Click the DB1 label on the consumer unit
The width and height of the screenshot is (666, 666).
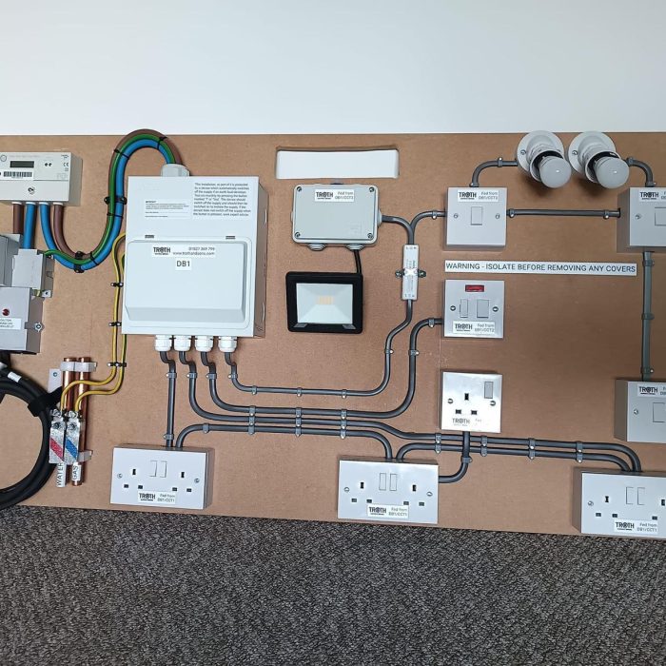click(184, 264)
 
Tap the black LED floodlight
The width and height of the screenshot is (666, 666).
click(323, 302)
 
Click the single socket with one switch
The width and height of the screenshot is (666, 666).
click(470, 401)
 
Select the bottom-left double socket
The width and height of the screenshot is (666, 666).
click(159, 476)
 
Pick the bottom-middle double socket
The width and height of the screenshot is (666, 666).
click(387, 490)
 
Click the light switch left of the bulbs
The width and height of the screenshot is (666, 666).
click(476, 216)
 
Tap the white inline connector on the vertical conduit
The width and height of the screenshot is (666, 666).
click(411, 270)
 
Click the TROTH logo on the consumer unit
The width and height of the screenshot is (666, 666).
click(161, 251)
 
